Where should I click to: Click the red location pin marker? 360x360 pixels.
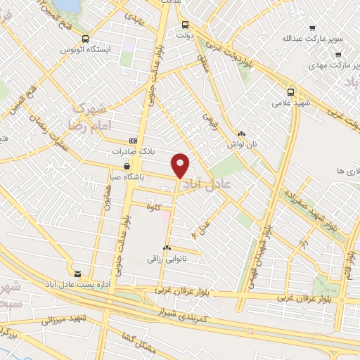click(181, 165)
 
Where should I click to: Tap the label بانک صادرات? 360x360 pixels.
click(132, 151)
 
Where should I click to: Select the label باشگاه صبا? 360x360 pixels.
click(124, 178)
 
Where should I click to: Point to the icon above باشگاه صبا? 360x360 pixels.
click(126, 167)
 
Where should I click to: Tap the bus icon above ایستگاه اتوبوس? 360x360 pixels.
click(85, 40)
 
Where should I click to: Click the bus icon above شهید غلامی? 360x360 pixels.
click(291, 91)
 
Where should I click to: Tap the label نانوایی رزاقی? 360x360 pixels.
click(168, 259)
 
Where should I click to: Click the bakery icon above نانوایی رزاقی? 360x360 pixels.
click(167, 248)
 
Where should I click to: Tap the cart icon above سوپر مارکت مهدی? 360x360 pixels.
click(338, 54)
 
